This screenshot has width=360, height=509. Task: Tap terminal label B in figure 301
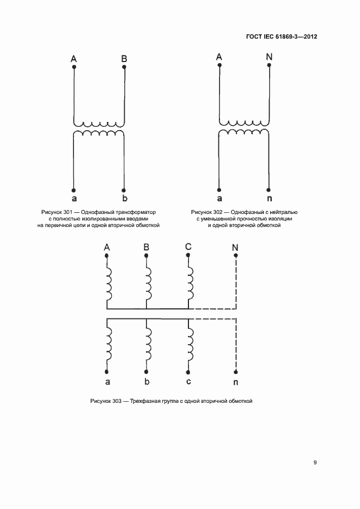(124, 58)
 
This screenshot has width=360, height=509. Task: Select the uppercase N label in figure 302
(269, 57)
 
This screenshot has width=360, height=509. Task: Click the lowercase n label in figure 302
(269, 198)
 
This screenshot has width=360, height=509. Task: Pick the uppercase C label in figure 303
(188, 247)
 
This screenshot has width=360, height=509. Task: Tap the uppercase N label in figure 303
(235, 248)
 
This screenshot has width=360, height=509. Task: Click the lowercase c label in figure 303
(188, 381)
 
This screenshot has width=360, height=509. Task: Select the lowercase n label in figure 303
(235, 382)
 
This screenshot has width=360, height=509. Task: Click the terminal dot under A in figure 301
(74, 67)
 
